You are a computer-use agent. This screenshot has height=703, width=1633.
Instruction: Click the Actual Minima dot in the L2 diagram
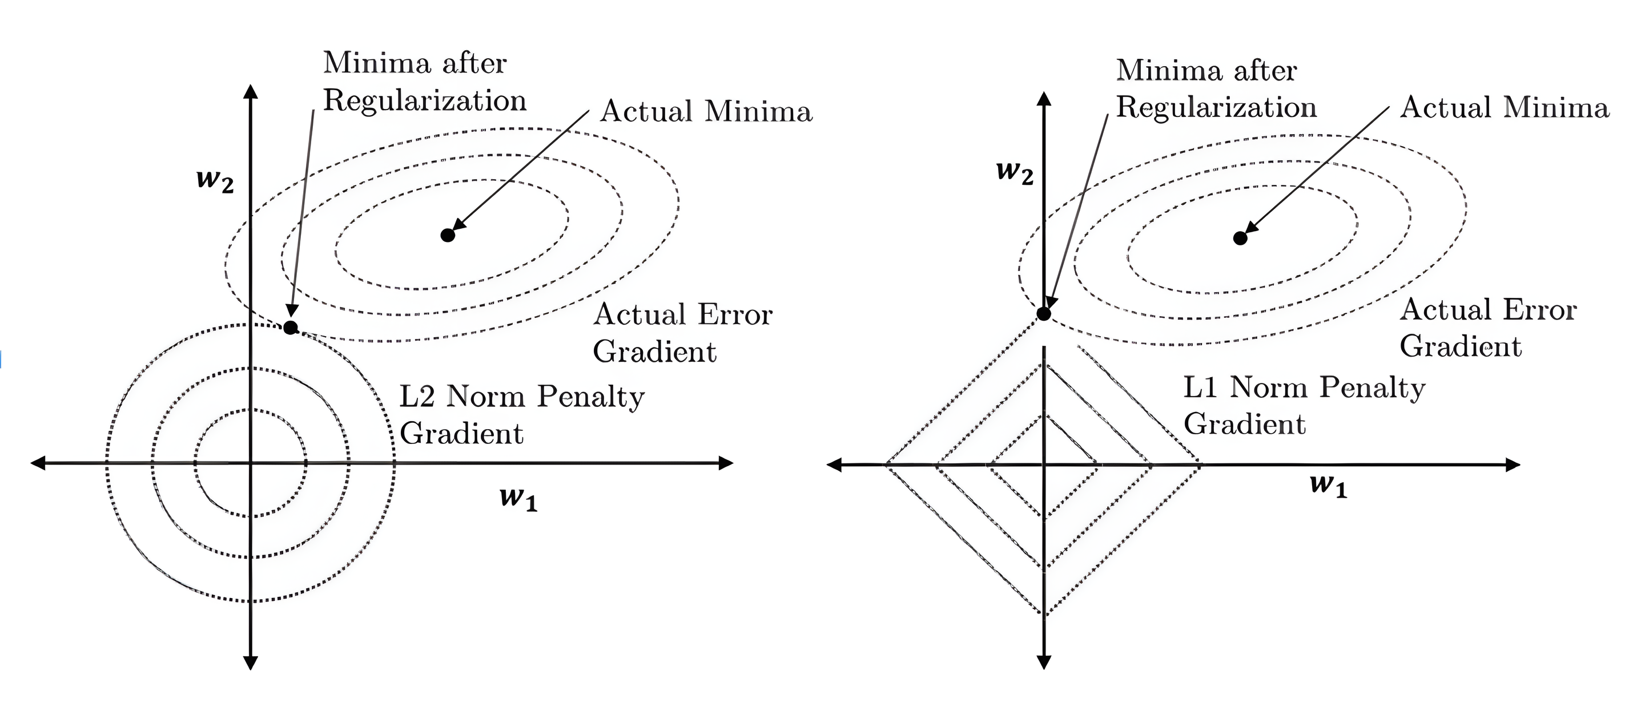pyautogui.click(x=448, y=235)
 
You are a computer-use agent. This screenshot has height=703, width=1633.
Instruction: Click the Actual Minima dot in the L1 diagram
pyautogui.click(x=1240, y=238)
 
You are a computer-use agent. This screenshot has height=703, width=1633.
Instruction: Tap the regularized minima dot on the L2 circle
pyautogui.click(x=290, y=328)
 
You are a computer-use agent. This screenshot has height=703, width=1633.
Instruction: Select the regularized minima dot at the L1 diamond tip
pyautogui.click(x=1043, y=313)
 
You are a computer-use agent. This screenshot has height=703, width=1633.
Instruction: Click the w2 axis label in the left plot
pyautogui.click(x=215, y=180)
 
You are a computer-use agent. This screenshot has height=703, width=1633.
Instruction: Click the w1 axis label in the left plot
pyautogui.click(x=518, y=498)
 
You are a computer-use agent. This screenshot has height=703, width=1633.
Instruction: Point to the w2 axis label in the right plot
pyautogui.click(x=1014, y=172)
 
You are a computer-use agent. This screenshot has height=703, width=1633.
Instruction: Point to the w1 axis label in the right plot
pyautogui.click(x=1328, y=485)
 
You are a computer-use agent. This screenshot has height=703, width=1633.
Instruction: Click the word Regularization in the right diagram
pyautogui.click(x=1216, y=108)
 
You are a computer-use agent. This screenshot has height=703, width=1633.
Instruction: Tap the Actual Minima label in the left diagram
pyautogui.click(x=706, y=111)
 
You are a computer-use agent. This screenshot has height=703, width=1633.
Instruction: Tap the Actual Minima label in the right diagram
pyautogui.click(x=1505, y=108)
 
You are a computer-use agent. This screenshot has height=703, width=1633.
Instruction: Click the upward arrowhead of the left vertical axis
pyautogui.click(x=251, y=91)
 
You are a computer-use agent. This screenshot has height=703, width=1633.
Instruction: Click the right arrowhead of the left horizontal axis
pyautogui.click(x=726, y=463)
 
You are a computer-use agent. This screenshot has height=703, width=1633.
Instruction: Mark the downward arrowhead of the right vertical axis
pyautogui.click(x=1043, y=662)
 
